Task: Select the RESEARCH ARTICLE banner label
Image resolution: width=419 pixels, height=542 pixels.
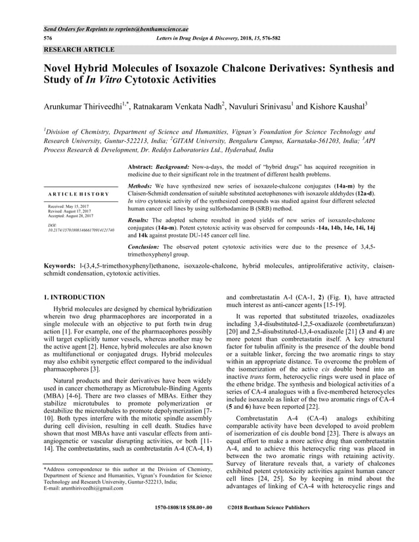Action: tap(79, 49)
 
